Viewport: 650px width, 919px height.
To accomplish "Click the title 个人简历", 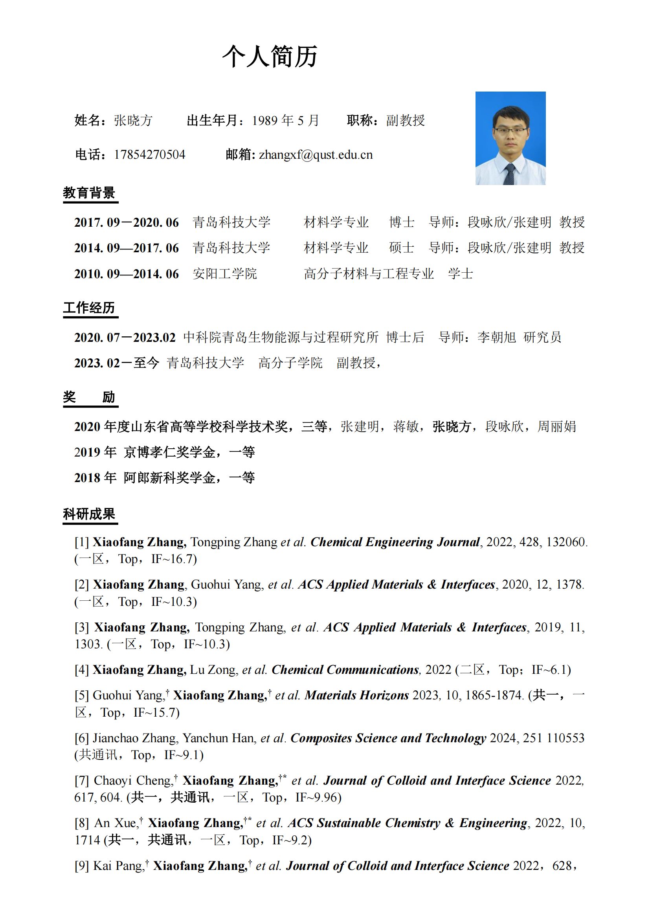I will click(x=270, y=57).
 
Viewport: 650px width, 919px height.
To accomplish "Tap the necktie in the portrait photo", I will click(x=509, y=174).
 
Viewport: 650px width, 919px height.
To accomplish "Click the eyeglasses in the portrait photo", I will click(x=511, y=130).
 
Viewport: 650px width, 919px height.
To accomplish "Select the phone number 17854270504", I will click(x=150, y=155).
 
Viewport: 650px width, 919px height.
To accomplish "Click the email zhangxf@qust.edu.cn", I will click(x=316, y=155).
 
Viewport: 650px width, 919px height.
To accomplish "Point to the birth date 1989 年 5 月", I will click(x=285, y=121).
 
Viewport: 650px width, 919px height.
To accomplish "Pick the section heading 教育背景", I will click(x=89, y=193).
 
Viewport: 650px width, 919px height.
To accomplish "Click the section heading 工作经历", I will click(x=89, y=308).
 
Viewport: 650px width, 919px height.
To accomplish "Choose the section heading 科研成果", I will click(x=89, y=514).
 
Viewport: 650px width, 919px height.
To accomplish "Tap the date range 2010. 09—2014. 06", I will click(x=127, y=274).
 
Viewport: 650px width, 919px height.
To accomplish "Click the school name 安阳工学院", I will click(x=224, y=274).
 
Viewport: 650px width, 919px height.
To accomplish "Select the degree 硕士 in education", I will click(x=402, y=248).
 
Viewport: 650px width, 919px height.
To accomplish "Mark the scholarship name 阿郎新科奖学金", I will click(x=169, y=478).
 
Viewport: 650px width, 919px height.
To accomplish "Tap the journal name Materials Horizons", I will click(x=356, y=695).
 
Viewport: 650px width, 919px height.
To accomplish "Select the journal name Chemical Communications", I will click(x=345, y=670).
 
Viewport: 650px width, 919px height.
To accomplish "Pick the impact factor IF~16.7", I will click(x=174, y=559).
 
